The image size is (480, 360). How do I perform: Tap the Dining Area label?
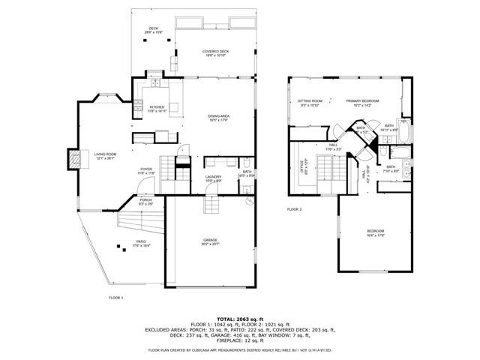(x=218, y=118)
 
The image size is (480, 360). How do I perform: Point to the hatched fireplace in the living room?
(x=74, y=158)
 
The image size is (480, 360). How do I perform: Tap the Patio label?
(x=140, y=244)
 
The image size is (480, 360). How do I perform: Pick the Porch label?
(x=145, y=201)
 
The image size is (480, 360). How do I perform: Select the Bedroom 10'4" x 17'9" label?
(x=375, y=232)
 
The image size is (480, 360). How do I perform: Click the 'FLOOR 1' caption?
(x=116, y=298)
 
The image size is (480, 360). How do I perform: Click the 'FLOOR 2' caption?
(x=294, y=209)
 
